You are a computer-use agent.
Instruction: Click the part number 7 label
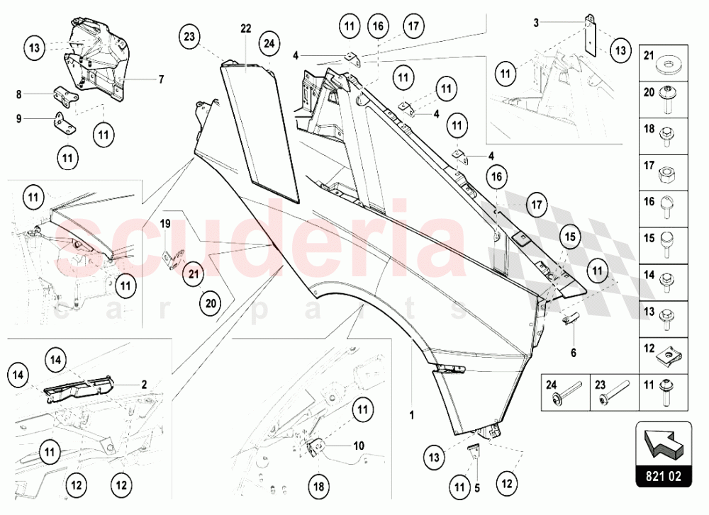tap(161, 79)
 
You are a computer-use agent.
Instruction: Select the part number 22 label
tap(246, 28)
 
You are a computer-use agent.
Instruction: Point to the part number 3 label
tap(537, 23)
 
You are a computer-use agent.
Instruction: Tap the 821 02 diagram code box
tap(664, 477)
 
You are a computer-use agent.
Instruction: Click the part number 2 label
tap(143, 385)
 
